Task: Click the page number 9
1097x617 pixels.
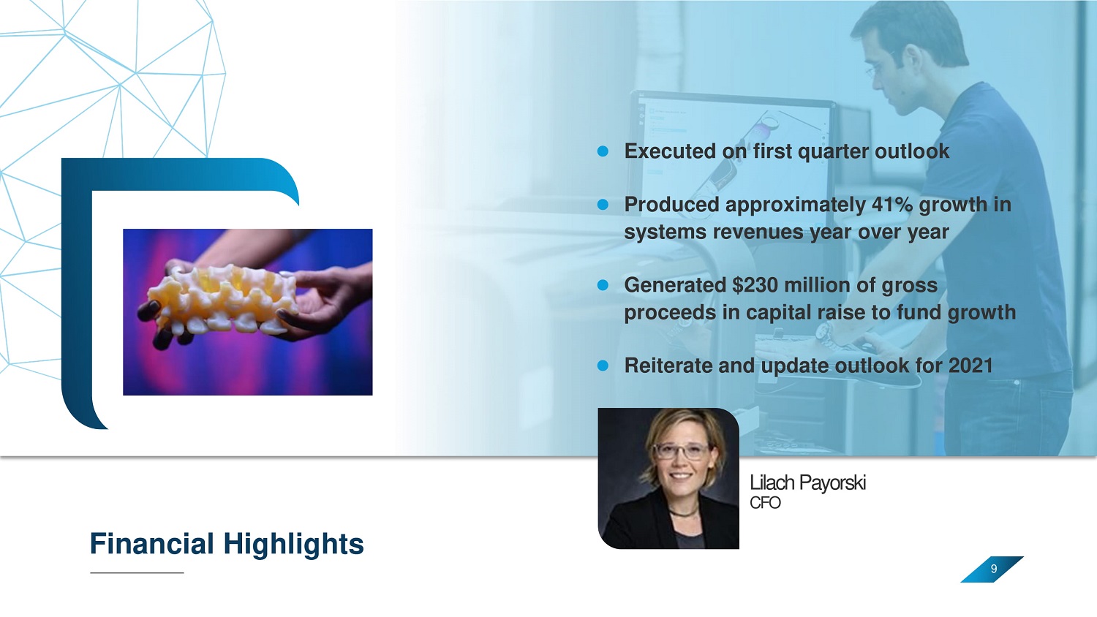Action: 994,569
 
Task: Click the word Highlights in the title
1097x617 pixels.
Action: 294,545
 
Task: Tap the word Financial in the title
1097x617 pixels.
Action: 152,544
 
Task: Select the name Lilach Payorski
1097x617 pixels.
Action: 807,482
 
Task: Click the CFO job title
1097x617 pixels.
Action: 765,503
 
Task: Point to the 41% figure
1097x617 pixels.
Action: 891,204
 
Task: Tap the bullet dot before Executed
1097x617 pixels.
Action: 603,151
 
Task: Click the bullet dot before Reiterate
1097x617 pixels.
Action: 603,366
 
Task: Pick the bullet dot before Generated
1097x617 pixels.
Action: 603,285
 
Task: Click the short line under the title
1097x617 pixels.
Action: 137,572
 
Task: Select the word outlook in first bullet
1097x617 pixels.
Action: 912,151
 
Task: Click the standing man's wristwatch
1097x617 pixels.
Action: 827,335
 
